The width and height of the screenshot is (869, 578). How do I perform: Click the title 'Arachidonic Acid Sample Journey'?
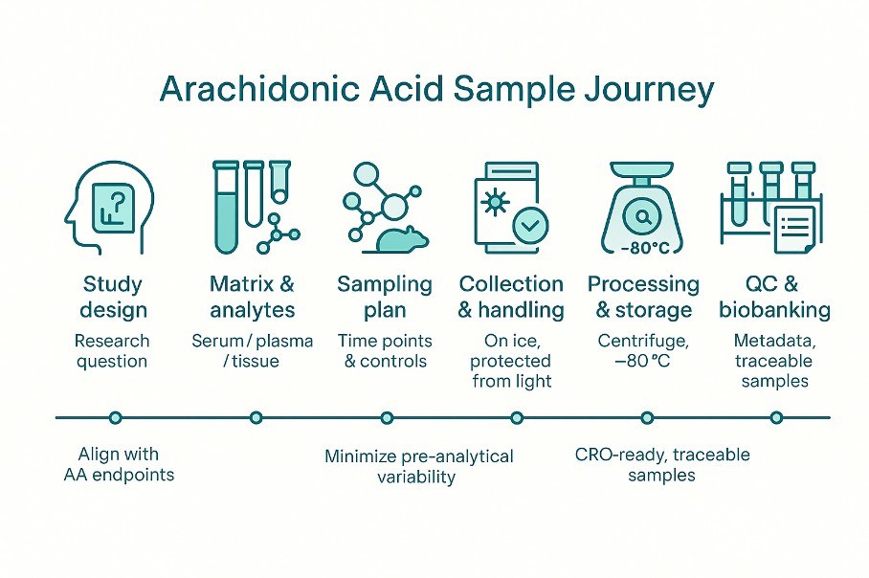tap(436, 90)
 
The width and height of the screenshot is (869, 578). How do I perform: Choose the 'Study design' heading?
tap(114, 297)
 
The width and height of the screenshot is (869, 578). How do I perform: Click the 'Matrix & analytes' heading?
tap(253, 297)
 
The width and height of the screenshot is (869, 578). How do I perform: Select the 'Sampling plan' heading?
tap(385, 297)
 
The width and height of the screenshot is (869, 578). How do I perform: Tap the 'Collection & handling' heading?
tap(511, 297)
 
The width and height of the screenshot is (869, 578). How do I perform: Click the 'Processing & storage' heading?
tap(643, 297)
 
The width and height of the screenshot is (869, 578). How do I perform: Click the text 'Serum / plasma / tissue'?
tap(253, 350)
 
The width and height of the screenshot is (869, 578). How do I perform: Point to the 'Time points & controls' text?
tap(385, 350)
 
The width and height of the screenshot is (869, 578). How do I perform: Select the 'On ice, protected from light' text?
tap(511, 360)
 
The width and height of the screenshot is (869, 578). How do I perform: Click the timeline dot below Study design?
tap(116, 417)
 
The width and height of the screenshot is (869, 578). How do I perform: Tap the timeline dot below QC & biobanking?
tap(776, 417)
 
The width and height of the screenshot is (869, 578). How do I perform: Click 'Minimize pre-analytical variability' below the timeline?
tap(418, 465)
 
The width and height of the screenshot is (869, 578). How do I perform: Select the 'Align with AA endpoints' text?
tap(121, 463)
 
